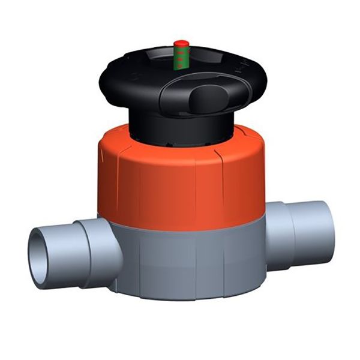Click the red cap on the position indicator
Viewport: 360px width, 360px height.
point(181,43)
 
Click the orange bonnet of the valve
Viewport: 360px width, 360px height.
point(180,174)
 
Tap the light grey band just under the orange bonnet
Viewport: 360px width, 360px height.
point(180,223)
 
